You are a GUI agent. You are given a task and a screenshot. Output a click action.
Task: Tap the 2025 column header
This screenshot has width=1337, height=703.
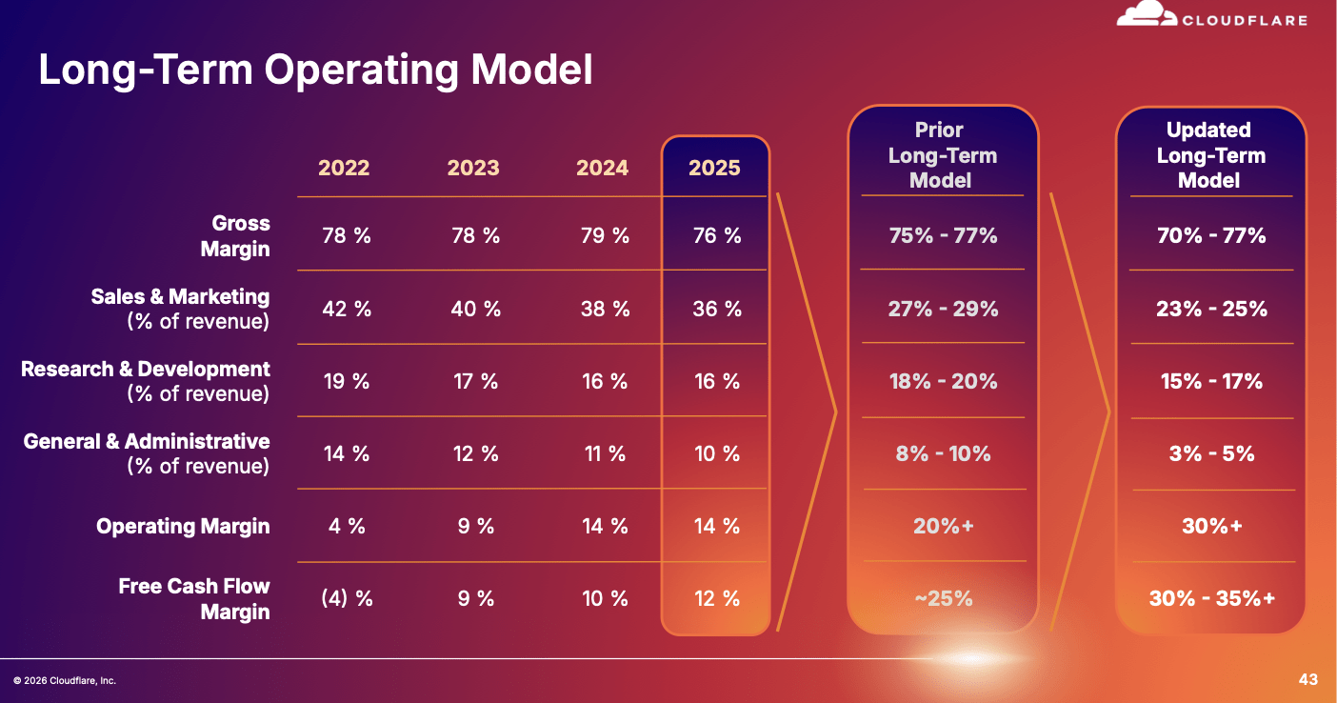coord(714,168)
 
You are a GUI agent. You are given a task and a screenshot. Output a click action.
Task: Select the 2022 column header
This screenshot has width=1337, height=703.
coord(344,168)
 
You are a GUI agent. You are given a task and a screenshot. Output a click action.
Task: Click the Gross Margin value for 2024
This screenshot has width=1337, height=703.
coord(606,235)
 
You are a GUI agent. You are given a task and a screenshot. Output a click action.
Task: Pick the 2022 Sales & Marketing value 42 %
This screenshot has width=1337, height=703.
coord(347,309)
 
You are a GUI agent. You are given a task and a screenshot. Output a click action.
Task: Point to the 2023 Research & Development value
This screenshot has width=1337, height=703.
coord(476,381)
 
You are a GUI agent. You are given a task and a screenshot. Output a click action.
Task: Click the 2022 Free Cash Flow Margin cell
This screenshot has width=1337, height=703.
coord(347,598)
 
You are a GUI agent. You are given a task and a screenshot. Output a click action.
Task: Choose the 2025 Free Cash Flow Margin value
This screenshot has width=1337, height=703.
coord(717,598)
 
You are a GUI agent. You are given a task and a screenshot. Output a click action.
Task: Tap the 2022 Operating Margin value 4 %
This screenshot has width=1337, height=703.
coord(347,526)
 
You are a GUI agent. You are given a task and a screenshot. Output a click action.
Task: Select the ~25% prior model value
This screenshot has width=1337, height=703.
coord(944,598)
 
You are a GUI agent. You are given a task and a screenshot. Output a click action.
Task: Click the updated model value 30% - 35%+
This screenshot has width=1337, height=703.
coord(1212,598)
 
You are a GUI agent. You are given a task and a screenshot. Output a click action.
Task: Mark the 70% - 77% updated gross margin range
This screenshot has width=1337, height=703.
coord(1211,235)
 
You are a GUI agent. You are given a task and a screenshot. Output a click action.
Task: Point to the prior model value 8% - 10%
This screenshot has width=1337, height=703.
coord(943,453)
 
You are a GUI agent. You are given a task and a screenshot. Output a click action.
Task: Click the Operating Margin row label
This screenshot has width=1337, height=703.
coord(183,526)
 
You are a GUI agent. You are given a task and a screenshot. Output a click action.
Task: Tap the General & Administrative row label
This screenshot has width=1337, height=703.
coord(147,453)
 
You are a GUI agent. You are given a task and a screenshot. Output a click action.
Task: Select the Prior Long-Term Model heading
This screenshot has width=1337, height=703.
coord(942,155)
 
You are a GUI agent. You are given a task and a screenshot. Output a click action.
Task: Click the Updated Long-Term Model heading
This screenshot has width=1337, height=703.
coord(1210,155)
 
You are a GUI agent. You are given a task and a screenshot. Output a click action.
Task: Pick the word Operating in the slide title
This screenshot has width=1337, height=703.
coord(362,71)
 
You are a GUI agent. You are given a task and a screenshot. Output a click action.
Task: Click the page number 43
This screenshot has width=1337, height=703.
coord(1308,679)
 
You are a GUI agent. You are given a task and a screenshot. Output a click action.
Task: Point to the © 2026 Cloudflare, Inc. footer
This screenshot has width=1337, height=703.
coord(65,680)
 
